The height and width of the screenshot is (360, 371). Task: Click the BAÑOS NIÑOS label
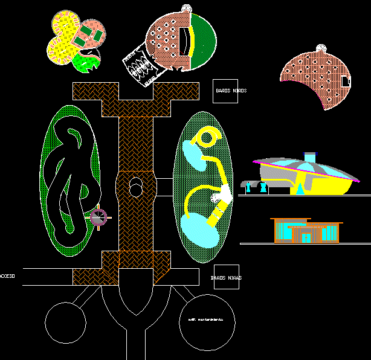[x=231, y=91]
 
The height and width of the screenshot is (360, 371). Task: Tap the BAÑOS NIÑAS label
[x=227, y=278]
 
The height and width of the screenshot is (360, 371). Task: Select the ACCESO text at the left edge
[x=7, y=276]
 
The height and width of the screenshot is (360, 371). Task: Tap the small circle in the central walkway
[x=136, y=190]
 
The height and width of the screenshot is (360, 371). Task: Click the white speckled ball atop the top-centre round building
[x=187, y=8]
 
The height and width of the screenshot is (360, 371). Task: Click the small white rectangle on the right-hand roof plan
[x=344, y=80]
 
